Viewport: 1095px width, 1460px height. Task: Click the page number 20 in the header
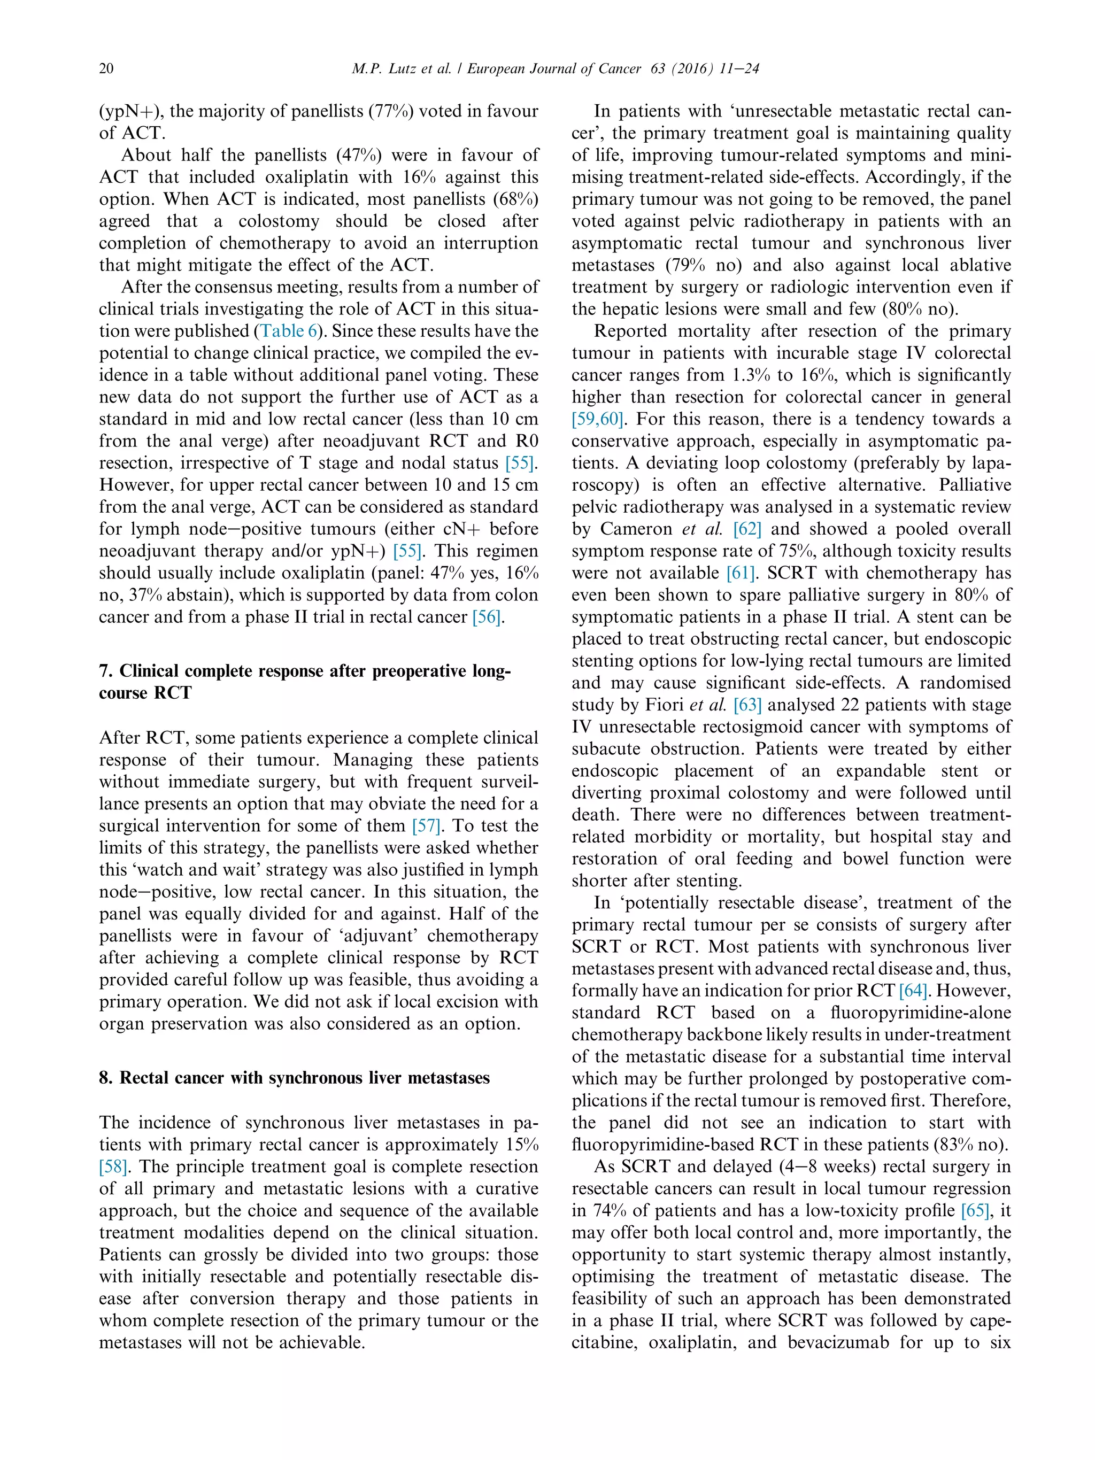[106, 68]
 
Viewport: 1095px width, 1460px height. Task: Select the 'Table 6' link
[289, 331]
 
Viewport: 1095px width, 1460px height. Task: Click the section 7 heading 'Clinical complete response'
[304, 671]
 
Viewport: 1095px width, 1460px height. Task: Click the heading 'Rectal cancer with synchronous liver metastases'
[304, 1078]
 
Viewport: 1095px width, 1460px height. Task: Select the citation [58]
[113, 1167]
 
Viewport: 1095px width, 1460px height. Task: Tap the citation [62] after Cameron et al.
[747, 529]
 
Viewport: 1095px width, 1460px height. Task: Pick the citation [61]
[740, 573]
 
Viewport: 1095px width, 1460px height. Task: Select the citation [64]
[914, 991]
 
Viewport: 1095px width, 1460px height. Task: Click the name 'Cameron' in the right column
[636, 529]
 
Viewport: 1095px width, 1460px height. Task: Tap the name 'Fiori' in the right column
[664, 705]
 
